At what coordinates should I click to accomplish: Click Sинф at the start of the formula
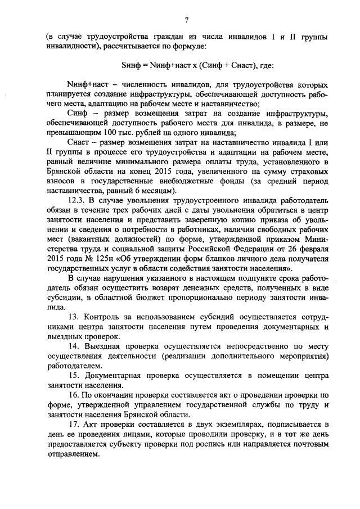coord(130,66)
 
